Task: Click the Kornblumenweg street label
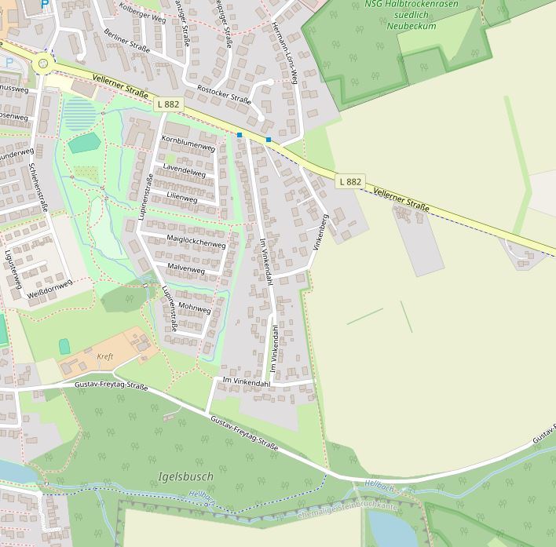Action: (188, 147)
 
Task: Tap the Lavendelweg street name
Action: (185, 170)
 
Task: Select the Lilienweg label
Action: (181, 197)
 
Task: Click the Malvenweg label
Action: (186, 270)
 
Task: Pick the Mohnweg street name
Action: (195, 309)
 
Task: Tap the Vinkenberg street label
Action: (320, 232)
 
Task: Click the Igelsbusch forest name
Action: (185, 476)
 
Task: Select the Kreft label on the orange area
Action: (104, 356)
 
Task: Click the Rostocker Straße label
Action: (224, 94)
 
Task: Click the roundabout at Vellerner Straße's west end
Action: (43, 64)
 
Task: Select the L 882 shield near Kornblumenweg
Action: (168, 104)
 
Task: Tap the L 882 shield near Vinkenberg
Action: (350, 181)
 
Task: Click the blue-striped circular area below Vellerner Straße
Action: (78, 113)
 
